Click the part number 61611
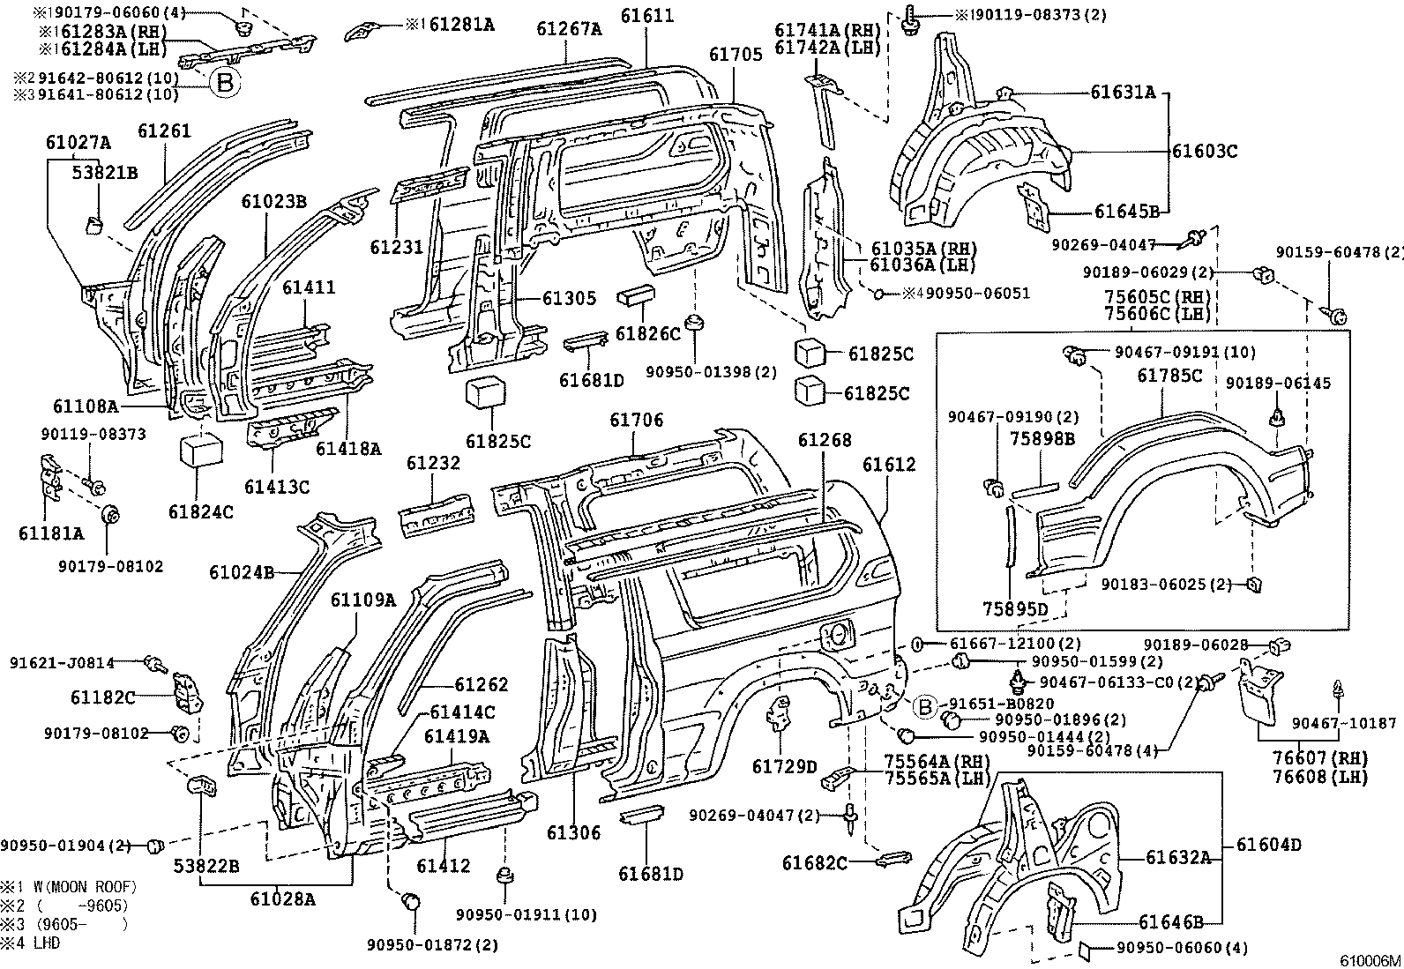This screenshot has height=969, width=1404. pyautogui.click(x=647, y=15)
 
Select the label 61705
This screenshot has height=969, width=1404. pyautogui.click(x=736, y=55)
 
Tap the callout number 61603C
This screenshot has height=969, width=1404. pyautogui.click(x=1205, y=151)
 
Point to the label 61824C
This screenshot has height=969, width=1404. pyautogui.click(x=200, y=512)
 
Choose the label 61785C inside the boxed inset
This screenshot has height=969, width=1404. pyautogui.click(x=1169, y=376)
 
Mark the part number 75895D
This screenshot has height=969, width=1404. pyautogui.click(x=1015, y=608)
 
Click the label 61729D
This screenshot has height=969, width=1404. pyautogui.click(x=785, y=766)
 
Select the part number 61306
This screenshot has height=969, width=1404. pyautogui.click(x=573, y=832)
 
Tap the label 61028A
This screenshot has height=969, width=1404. pyautogui.click(x=283, y=899)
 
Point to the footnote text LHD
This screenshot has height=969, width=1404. pyautogui.click(x=47, y=943)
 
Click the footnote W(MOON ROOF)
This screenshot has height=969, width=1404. pyautogui.click(x=85, y=888)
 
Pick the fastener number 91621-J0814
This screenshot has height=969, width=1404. pyautogui.click(x=62, y=662)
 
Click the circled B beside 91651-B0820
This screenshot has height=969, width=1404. pyautogui.click(x=924, y=707)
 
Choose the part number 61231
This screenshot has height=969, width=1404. pyautogui.click(x=397, y=247)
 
